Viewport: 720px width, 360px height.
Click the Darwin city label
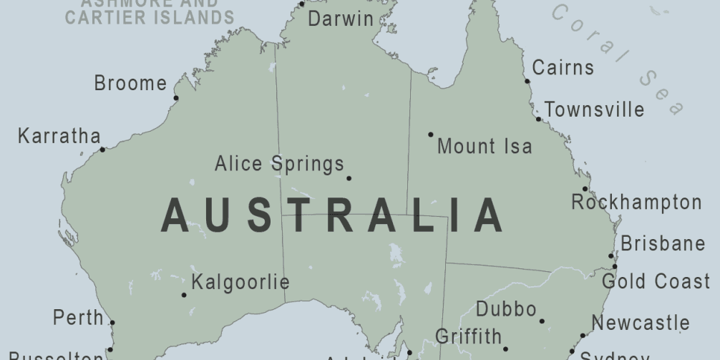point(341,19)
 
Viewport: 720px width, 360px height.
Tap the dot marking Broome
point(176,98)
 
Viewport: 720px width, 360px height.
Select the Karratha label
point(59,136)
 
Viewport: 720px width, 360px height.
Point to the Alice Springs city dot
point(349,178)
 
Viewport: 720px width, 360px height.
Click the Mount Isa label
point(485,147)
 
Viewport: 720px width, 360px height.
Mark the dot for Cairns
point(527,81)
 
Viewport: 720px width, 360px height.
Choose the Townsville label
point(594,110)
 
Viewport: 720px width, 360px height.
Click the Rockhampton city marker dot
point(585,189)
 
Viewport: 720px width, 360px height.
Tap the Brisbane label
point(663,243)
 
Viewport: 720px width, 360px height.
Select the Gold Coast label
point(656,281)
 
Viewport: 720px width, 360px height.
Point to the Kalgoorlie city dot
point(184,294)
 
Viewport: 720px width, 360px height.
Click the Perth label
point(79,317)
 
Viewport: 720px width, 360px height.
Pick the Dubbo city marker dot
point(542,321)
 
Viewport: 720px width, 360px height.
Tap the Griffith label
point(468,336)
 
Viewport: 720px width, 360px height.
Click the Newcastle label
point(641,323)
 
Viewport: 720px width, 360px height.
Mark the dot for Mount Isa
point(431,134)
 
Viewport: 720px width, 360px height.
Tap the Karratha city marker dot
point(102,150)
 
